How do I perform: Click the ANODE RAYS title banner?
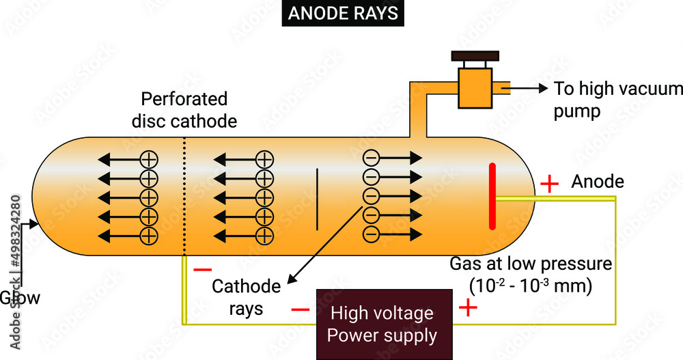[341, 14]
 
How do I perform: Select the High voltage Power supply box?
[382, 324]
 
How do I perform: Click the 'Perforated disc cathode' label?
[184, 110]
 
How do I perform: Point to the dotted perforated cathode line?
[184, 198]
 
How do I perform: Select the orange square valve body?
[475, 87]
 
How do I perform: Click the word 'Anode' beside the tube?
[598, 182]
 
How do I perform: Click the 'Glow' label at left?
[19, 298]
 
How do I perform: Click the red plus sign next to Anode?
[549, 184]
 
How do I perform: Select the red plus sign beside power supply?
[468, 308]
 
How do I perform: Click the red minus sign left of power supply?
[301, 309]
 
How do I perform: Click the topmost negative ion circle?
[370, 158]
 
